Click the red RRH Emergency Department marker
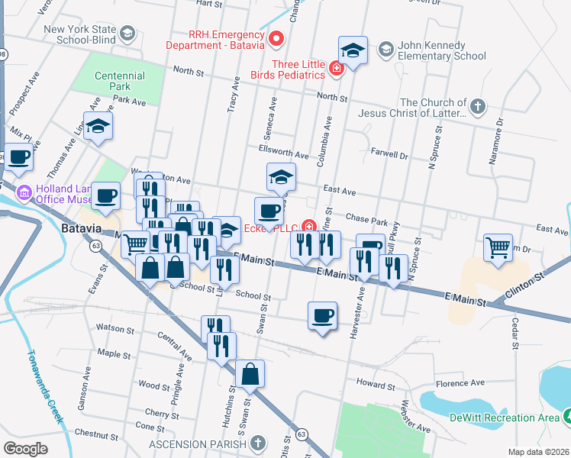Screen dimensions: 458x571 [276, 37]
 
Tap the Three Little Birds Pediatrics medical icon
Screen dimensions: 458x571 [335, 70]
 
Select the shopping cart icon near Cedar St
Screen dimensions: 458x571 [498, 247]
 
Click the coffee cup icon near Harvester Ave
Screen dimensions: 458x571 [322, 314]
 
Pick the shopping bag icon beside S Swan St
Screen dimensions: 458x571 [250, 374]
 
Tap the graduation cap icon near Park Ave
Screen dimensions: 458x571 [98, 126]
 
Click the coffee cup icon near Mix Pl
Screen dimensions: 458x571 [20, 158]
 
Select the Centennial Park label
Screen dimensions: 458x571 [119, 82]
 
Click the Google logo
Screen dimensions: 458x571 [25, 449]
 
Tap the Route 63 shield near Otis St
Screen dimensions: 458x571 [302, 434]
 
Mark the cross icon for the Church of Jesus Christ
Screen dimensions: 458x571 [477, 108]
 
